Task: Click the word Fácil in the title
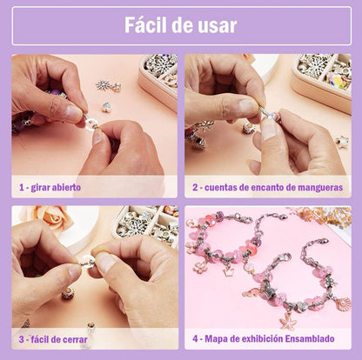pyautogui.click(x=145, y=25)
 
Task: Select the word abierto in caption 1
pyautogui.click(x=66, y=187)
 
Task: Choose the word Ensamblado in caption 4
pyautogui.click(x=310, y=338)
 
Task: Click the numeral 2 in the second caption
pyautogui.click(x=195, y=188)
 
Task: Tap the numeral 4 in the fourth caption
pyautogui.click(x=195, y=338)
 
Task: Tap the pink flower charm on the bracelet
pyautogui.click(x=200, y=266)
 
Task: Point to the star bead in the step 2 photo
pyautogui.click(x=342, y=142)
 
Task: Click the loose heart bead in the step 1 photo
pyautogui.click(x=106, y=107)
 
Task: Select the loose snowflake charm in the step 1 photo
pyautogui.click(x=103, y=85)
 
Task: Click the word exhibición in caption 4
pyautogui.click(x=262, y=338)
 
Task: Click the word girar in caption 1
pyautogui.click(x=40, y=188)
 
